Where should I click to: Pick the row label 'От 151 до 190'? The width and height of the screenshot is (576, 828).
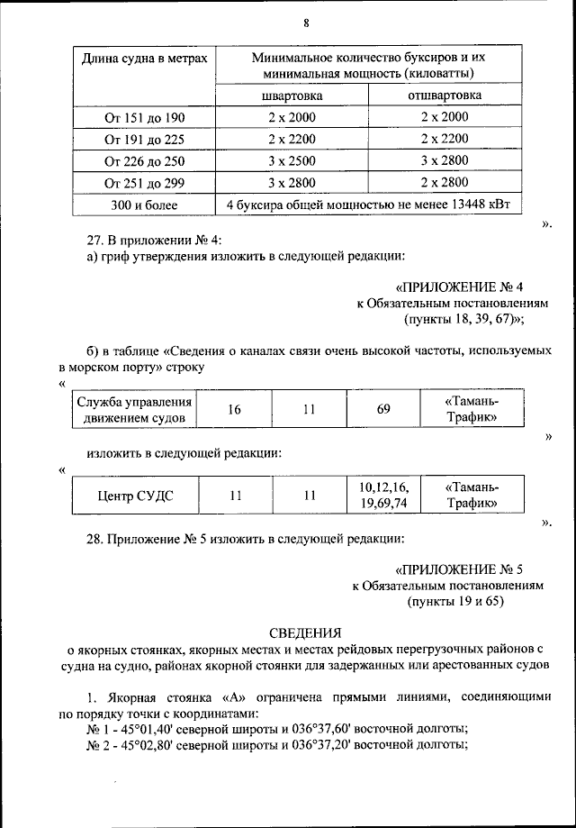tap(144, 117)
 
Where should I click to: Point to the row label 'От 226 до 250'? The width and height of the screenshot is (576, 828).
tap(144, 161)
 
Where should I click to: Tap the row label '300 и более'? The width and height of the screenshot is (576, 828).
tap(144, 205)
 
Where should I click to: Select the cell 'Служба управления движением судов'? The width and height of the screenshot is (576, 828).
tap(134, 409)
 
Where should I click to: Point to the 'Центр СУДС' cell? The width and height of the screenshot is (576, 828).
tap(134, 496)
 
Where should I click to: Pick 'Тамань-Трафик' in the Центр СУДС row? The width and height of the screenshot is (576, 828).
tap(472, 496)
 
